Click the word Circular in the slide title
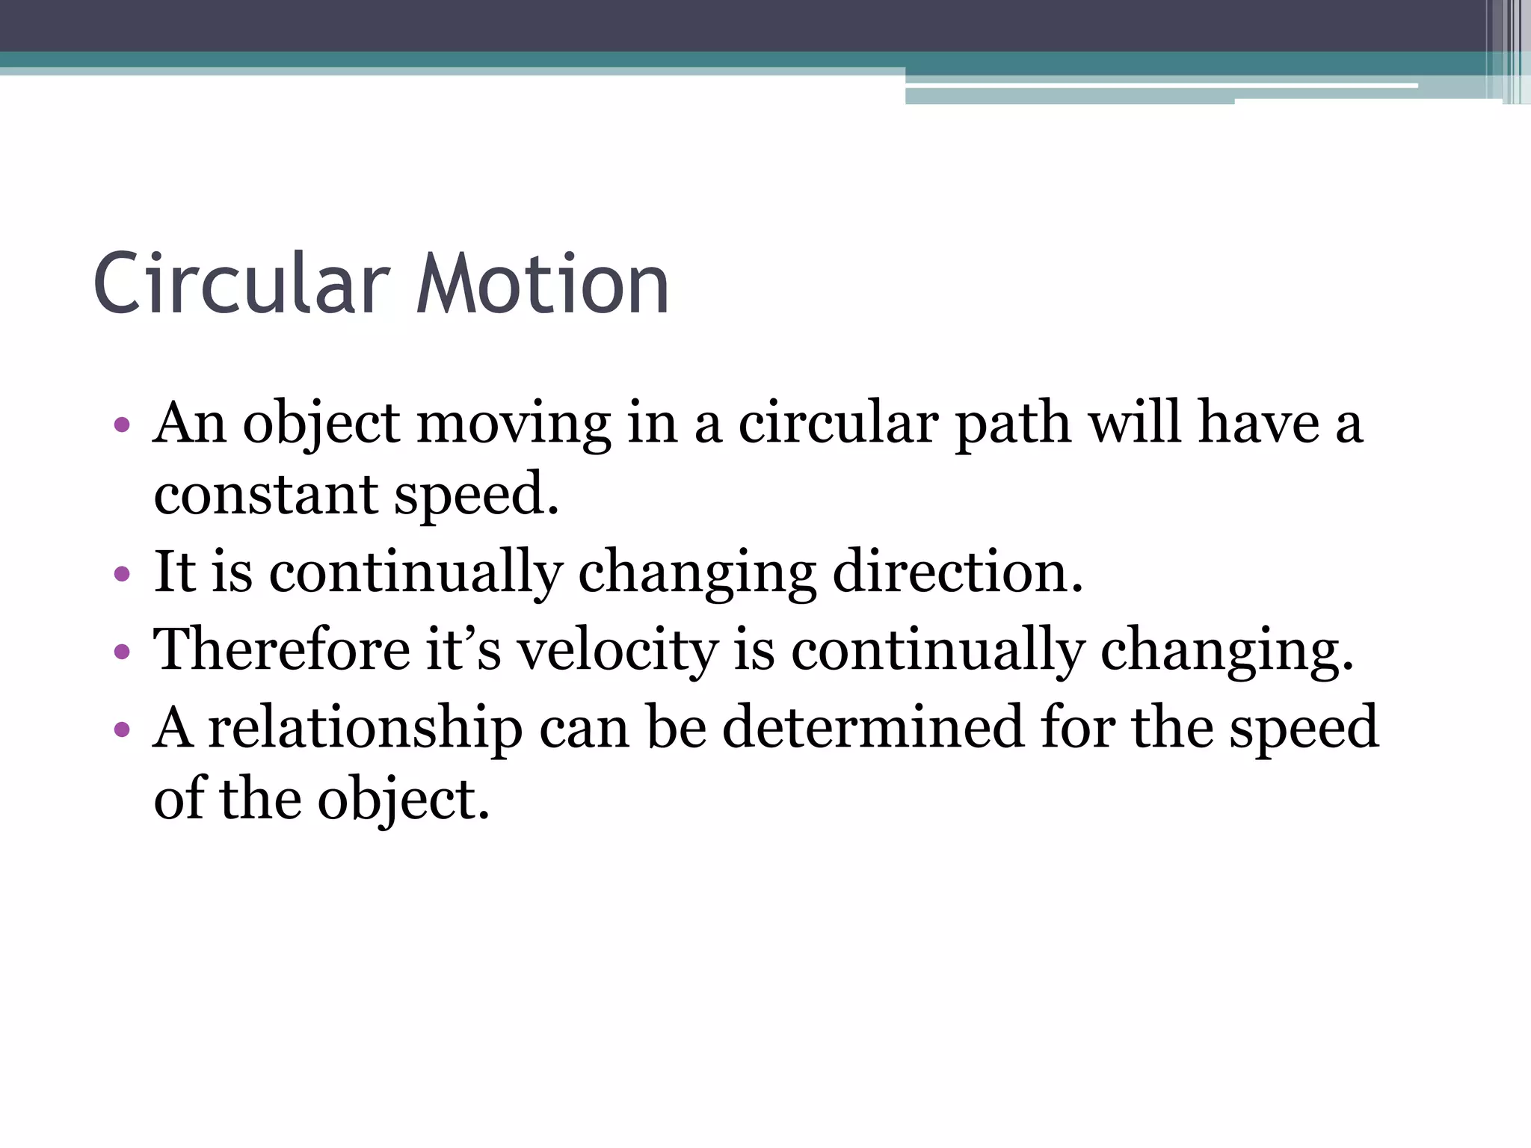click(241, 285)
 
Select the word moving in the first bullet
click(514, 425)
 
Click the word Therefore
click(282, 649)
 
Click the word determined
click(872, 727)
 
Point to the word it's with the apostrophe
click(463, 649)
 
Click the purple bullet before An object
click(122, 426)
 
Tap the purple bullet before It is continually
click(122, 575)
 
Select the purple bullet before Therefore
click(122, 652)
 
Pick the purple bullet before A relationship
click(122, 729)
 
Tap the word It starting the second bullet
click(174, 572)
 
